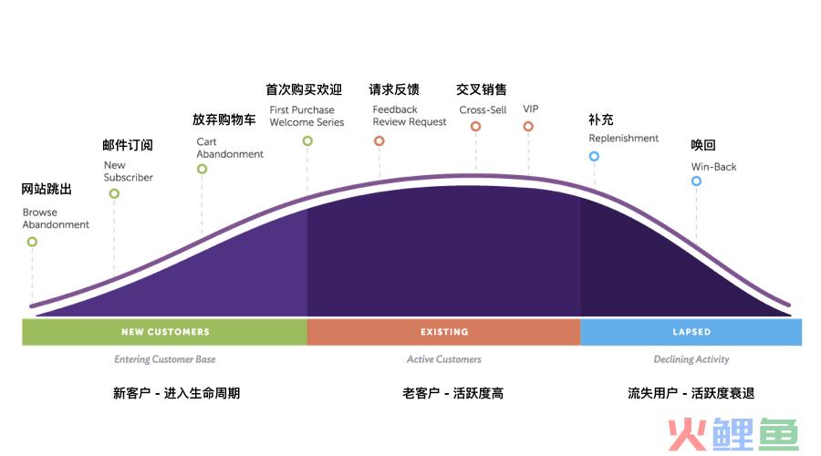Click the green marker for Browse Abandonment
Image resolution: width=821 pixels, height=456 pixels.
[x=33, y=242]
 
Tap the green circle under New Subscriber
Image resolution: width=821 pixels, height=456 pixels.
[x=114, y=193]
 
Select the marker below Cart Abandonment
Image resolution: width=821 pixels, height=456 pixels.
[x=203, y=169]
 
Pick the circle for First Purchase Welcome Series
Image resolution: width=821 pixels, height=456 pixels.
[x=307, y=140]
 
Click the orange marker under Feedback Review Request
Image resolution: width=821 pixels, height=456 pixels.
[x=379, y=140]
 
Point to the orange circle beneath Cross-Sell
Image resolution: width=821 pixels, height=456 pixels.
[x=475, y=126]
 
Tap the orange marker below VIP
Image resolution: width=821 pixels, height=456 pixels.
[x=528, y=126]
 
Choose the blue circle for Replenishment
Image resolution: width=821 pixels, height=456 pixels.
[x=594, y=156]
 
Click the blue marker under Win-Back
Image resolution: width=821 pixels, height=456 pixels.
[x=696, y=181]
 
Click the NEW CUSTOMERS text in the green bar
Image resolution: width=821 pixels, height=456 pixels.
[x=165, y=332]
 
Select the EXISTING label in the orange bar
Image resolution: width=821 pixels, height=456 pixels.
[x=444, y=332]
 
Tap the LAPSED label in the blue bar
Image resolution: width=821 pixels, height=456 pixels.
[x=691, y=332]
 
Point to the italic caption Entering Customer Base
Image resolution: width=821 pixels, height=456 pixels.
[x=165, y=359]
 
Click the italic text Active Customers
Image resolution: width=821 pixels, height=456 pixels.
[x=444, y=359]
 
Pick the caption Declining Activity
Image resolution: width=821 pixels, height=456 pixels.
[x=691, y=359]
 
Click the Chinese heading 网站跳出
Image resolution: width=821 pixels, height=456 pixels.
[x=47, y=189]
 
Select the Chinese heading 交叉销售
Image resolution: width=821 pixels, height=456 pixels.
[x=481, y=89]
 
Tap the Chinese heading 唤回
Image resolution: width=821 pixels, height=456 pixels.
[x=703, y=145]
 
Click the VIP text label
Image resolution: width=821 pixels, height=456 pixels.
[x=530, y=109]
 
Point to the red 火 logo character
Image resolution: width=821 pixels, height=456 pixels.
[x=688, y=434]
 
